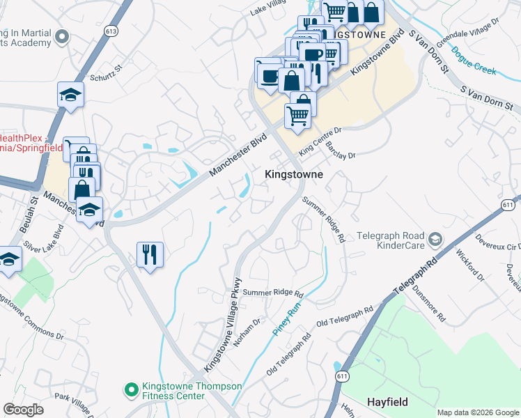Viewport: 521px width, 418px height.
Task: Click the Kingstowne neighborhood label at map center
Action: [293, 175]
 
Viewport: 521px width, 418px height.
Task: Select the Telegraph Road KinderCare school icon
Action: [435, 239]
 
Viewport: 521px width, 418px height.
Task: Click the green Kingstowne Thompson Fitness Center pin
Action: [130, 389]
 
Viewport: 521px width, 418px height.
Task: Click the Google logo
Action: [23, 409]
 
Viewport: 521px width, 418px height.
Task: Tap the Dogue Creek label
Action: [473, 61]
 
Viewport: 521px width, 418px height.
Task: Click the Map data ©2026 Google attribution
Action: [478, 412]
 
